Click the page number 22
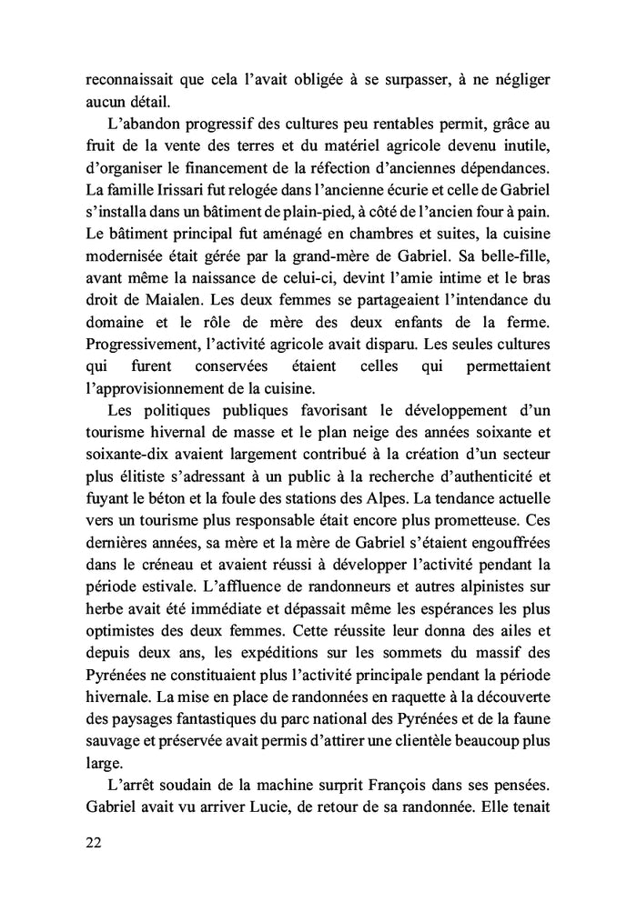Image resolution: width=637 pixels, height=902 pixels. [x=92, y=843]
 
